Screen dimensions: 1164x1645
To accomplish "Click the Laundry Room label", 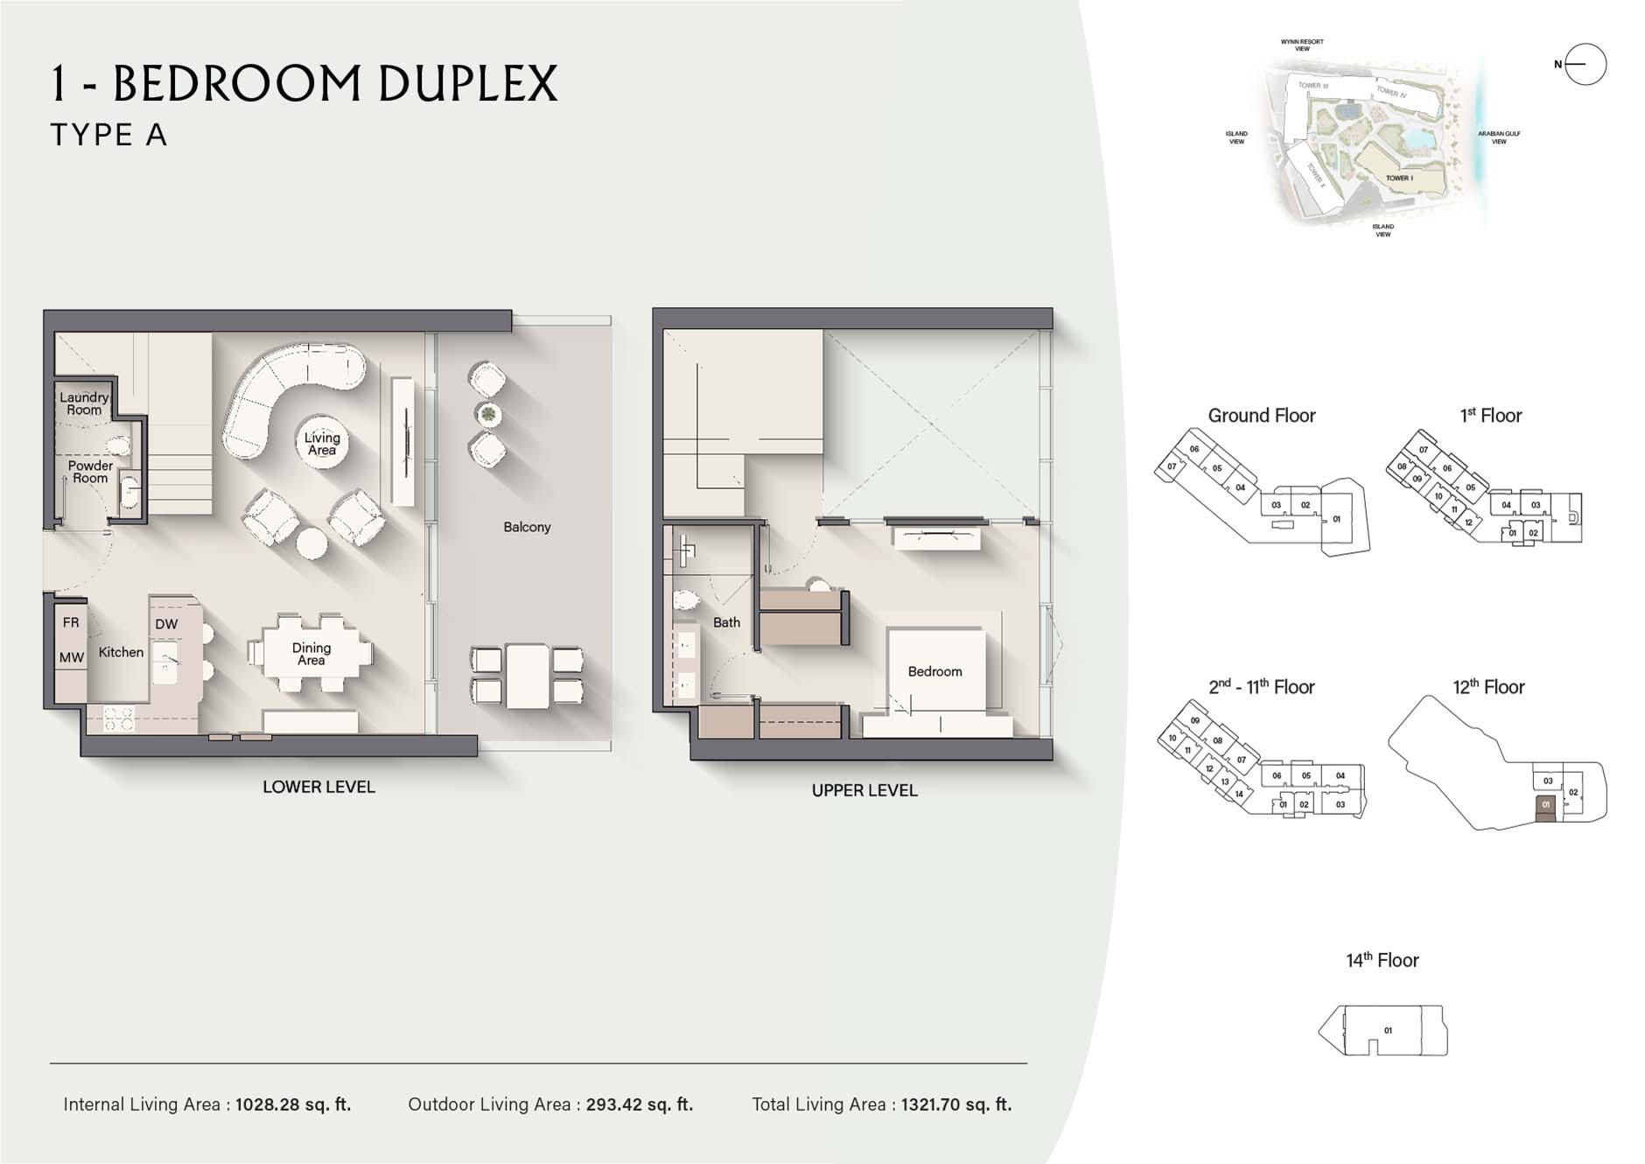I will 84,403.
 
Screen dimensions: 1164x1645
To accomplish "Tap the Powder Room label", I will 90,472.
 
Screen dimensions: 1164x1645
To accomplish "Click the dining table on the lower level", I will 311,654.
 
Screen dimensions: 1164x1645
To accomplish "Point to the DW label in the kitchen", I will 166,624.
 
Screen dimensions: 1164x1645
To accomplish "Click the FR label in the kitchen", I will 71,622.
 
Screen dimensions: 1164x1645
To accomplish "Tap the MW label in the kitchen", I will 72,657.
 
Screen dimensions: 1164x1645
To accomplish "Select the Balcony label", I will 527,527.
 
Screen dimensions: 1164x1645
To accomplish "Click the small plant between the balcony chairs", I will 487,414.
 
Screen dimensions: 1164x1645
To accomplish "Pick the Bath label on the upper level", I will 726,622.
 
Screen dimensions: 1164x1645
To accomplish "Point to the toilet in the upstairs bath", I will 686,600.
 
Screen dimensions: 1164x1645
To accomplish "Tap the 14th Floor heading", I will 1382,960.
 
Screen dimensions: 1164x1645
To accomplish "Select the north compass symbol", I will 1585,64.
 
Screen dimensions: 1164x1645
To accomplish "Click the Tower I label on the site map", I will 1398,179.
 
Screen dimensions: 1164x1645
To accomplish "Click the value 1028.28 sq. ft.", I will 292,1104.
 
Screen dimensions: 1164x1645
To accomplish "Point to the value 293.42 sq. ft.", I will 639,1104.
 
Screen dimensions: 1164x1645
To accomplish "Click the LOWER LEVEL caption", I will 318,787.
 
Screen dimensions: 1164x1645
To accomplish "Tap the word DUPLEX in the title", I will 468,84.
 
